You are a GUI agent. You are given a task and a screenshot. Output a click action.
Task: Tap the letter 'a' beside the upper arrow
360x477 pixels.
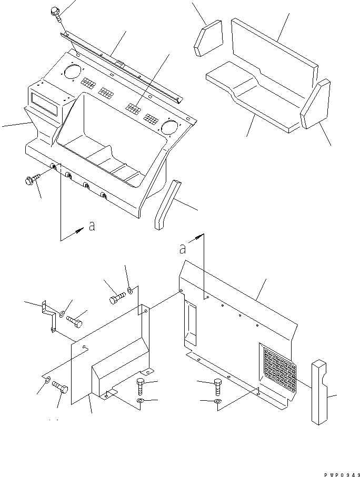pyautogui.click(x=92, y=226)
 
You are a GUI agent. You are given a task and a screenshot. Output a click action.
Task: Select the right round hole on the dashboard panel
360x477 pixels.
pyautogui.click(x=169, y=127)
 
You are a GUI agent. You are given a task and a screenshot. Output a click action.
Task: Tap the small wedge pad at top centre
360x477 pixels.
pyautogui.click(x=209, y=38)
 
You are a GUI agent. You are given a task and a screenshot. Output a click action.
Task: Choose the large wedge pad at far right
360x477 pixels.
pyautogui.click(x=315, y=105)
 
